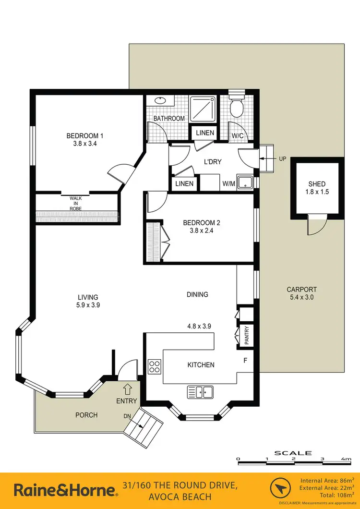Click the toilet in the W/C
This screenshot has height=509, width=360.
pos(237,107)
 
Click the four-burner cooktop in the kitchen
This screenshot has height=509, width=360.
pos(155,367)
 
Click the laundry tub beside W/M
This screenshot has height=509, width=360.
pos(246,182)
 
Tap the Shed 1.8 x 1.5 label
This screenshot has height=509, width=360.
pos(317,188)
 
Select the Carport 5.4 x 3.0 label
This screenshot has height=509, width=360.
pos(301,293)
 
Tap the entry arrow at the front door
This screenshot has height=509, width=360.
pos(127,388)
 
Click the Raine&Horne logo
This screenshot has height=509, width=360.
pos(65,490)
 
